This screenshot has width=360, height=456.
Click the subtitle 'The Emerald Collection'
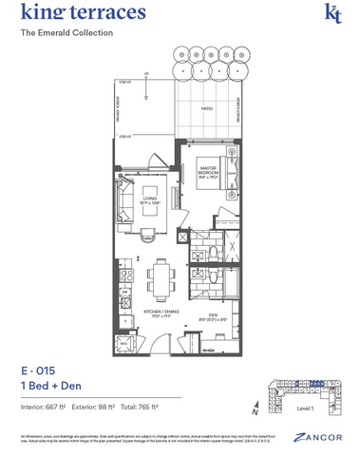pyautogui.click(x=66, y=33)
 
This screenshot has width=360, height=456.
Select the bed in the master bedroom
pyautogui.click(x=233, y=171)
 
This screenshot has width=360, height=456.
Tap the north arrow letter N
pyautogui.click(x=255, y=409)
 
